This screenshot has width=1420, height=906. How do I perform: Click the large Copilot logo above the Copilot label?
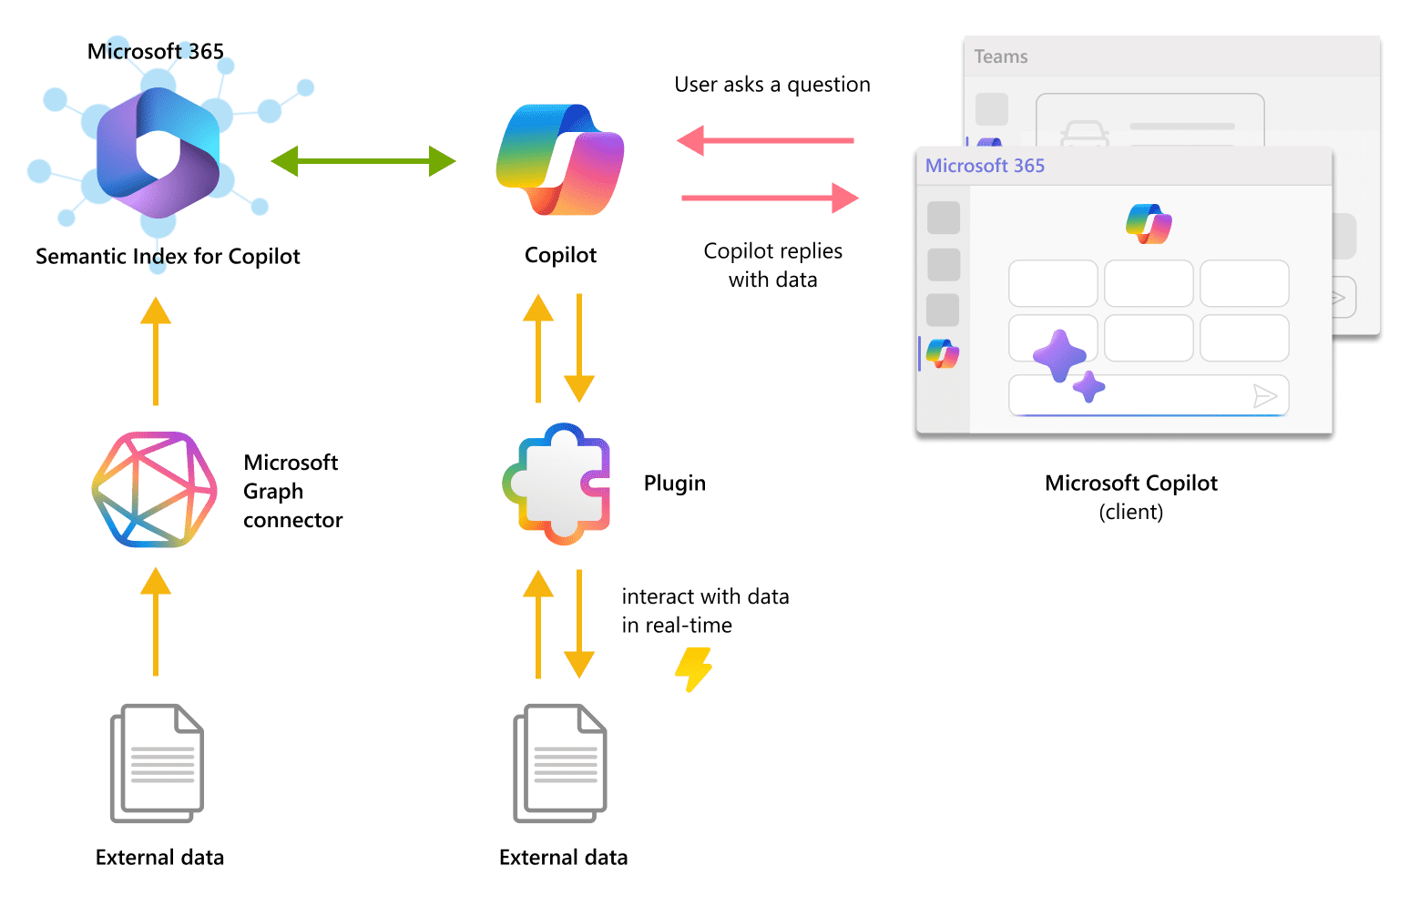click(x=560, y=160)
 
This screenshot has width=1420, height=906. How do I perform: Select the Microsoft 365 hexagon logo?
click(x=158, y=152)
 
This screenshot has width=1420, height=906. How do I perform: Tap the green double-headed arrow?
click(x=363, y=161)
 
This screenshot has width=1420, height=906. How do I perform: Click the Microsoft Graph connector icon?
click(x=155, y=490)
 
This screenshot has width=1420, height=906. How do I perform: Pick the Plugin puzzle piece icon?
click(x=557, y=484)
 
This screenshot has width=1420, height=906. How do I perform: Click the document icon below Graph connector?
click(x=158, y=763)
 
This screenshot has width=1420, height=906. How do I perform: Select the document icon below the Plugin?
click(x=560, y=763)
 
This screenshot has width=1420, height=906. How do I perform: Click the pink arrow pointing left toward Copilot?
click(x=765, y=140)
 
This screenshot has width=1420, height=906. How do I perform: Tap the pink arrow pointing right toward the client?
click(x=770, y=198)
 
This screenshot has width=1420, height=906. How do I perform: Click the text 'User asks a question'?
click(x=772, y=85)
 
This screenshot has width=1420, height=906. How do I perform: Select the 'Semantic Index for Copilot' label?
click(x=168, y=257)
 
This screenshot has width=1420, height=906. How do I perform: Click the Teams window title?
click(x=1001, y=56)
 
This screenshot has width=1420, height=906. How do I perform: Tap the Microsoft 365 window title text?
click(x=985, y=166)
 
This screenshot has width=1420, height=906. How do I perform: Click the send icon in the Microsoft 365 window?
click(x=1264, y=395)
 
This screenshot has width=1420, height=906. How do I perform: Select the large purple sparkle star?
click(x=1058, y=355)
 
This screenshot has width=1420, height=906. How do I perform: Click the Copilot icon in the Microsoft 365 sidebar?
click(x=943, y=353)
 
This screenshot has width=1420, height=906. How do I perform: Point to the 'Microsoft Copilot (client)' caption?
click(x=1130, y=496)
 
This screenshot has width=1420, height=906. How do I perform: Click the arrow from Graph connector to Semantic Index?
click(x=156, y=351)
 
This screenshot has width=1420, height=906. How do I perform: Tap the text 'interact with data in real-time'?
click(x=705, y=611)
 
